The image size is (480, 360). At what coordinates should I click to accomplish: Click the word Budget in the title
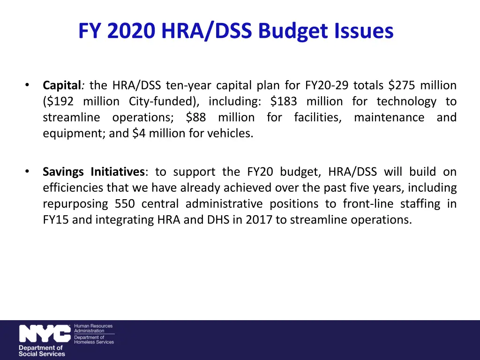click(299, 31)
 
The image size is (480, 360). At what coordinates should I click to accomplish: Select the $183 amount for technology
click(284, 101)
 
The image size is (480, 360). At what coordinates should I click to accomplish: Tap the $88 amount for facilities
click(195, 117)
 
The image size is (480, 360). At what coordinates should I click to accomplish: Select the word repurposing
click(74, 203)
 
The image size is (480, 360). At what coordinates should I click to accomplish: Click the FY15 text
click(55, 219)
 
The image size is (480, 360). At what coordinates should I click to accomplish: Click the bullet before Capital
click(28, 85)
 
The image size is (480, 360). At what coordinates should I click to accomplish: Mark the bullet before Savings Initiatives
click(28, 171)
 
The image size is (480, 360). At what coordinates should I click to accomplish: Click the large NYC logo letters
click(45, 334)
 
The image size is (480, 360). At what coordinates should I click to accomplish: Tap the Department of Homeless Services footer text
click(94, 339)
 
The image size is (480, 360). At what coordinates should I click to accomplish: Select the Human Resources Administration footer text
click(93, 328)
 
